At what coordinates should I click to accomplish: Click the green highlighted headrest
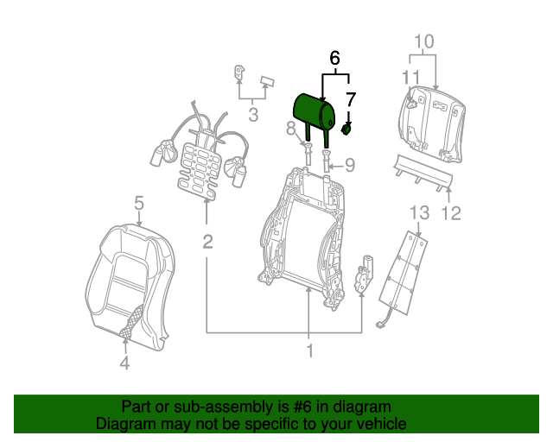(x=315, y=110)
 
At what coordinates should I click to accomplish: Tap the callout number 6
(x=335, y=59)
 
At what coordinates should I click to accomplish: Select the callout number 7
(x=350, y=100)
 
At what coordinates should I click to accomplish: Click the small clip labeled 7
(x=347, y=129)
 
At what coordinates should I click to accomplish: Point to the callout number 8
(x=291, y=129)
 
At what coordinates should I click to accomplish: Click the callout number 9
(x=350, y=164)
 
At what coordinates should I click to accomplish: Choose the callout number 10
(x=423, y=41)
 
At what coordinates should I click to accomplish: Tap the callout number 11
(x=410, y=76)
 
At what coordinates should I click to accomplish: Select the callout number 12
(x=452, y=212)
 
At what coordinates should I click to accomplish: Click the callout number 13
(x=418, y=212)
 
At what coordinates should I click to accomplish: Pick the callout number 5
(x=138, y=204)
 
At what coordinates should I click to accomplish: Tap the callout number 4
(x=124, y=364)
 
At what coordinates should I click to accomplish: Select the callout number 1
(x=308, y=351)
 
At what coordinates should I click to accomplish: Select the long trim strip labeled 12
(x=423, y=173)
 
